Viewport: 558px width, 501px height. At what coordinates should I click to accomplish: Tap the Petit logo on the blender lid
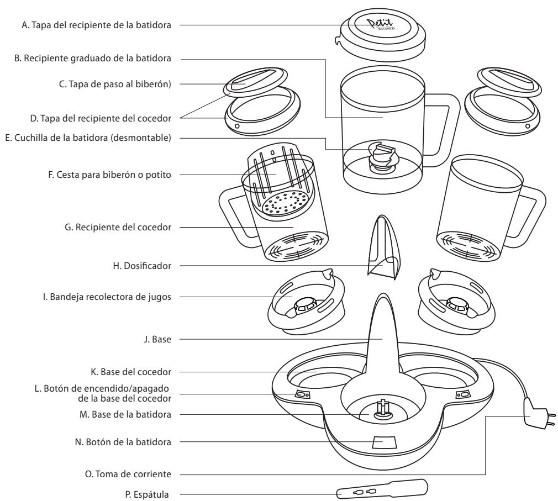point(381,24)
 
